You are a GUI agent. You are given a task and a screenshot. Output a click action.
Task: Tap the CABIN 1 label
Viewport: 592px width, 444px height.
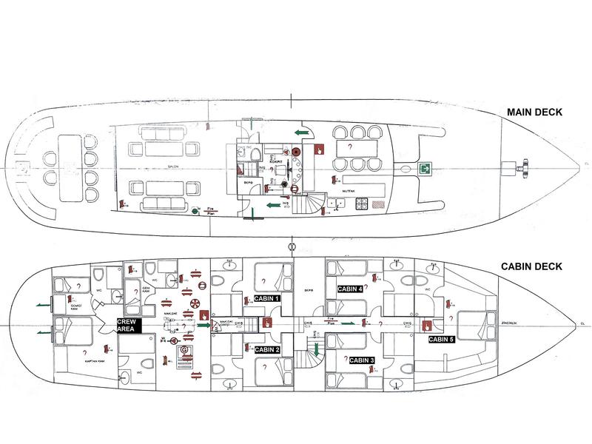(266, 299)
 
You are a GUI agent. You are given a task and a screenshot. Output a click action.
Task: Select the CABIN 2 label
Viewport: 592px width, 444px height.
(266, 350)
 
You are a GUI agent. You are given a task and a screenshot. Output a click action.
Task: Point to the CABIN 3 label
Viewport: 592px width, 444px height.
(362, 360)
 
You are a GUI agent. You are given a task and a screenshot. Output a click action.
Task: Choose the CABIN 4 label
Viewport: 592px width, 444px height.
(350, 289)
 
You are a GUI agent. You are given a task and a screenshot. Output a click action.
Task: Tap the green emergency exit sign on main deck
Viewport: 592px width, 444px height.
(426, 169)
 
